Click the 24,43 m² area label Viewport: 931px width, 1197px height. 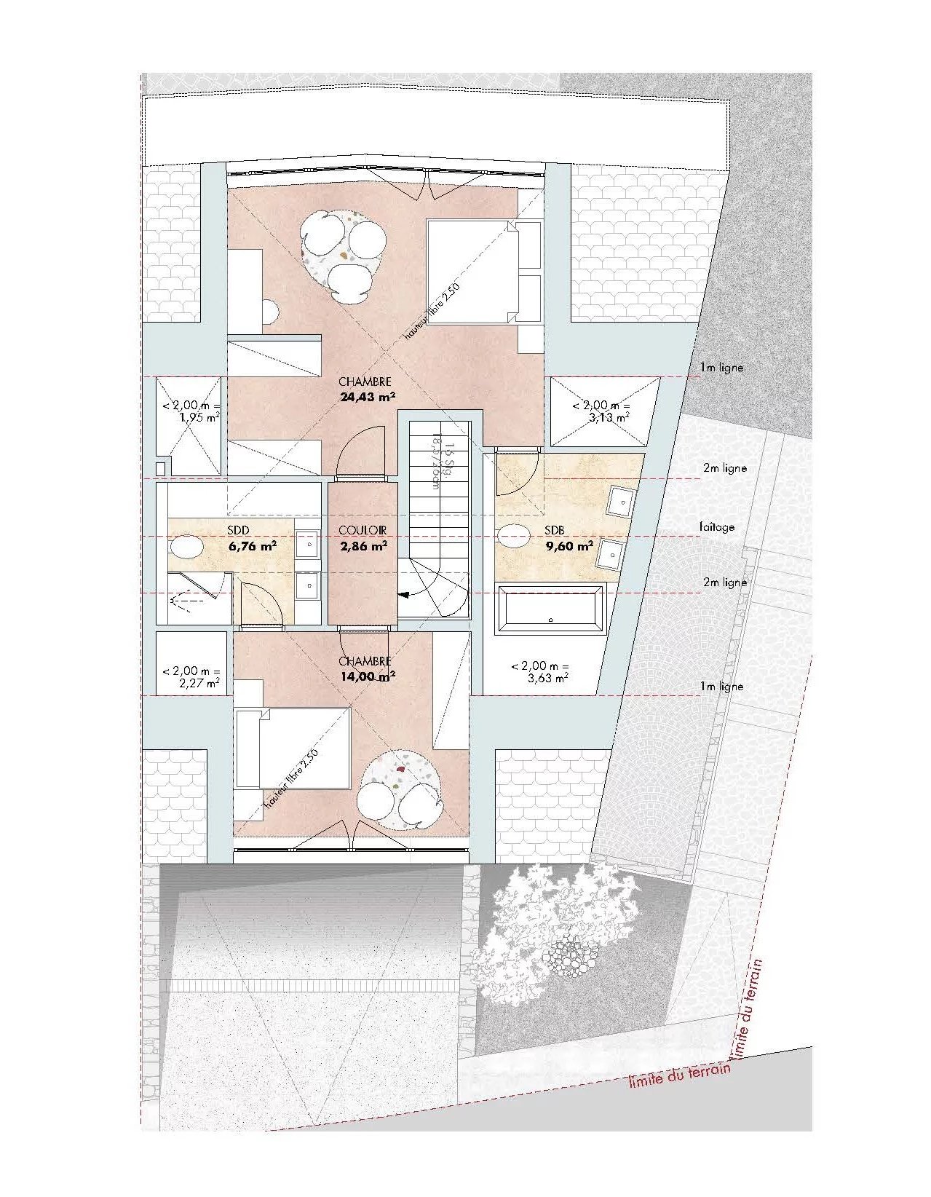367,398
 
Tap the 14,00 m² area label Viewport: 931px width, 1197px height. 367,676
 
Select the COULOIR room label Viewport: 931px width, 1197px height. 363,531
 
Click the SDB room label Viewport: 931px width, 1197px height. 555,531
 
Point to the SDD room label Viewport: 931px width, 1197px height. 239,531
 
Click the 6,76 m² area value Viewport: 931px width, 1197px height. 252,545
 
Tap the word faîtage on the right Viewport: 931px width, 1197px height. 717,527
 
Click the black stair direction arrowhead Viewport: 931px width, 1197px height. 403,594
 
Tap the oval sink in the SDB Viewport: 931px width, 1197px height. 515,535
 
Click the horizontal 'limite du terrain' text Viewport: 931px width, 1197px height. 678,1075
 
